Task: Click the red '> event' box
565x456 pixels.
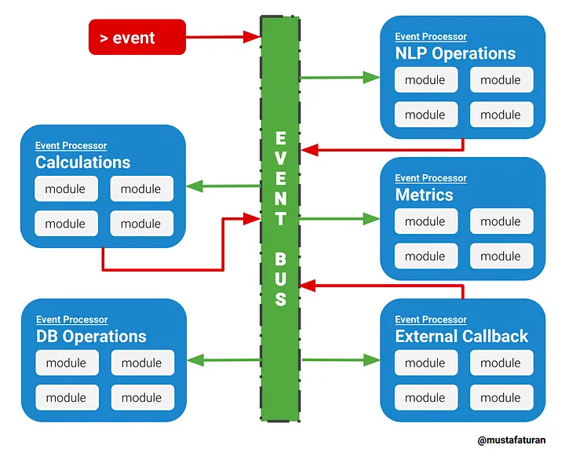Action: pyautogui.click(x=137, y=37)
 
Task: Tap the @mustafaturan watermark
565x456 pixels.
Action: pyautogui.click(x=512, y=440)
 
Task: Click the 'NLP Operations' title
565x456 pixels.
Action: pyautogui.click(x=455, y=53)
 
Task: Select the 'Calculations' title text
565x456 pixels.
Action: pyautogui.click(x=83, y=162)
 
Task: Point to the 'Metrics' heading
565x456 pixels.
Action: pyautogui.click(x=424, y=195)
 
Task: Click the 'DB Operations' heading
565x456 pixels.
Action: pyautogui.click(x=91, y=337)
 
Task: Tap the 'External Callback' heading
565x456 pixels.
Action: pyautogui.click(x=461, y=337)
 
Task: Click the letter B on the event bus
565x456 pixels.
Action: pyautogui.click(x=280, y=259)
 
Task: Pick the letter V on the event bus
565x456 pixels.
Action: pyautogui.click(x=281, y=158)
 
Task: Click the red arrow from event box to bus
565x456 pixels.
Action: pyautogui.click(x=223, y=37)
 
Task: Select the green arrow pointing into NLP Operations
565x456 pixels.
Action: pyautogui.click(x=340, y=77)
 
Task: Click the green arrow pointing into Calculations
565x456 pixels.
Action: pyautogui.click(x=223, y=186)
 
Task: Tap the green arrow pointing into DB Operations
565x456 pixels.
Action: pyautogui.click(x=224, y=359)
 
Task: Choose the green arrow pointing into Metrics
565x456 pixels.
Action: pyautogui.click(x=340, y=218)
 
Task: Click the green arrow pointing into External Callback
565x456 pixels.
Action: pyautogui.click(x=341, y=359)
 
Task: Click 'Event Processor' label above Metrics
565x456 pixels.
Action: pyautogui.click(x=431, y=178)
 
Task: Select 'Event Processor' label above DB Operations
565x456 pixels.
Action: pyautogui.click(x=71, y=319)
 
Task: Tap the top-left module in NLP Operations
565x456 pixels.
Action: pyautogui.click(x=426, y=80)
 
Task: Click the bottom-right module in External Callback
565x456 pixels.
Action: pyautogui.click(x=501, y=398)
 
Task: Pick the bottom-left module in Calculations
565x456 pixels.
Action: pyautogui.click(x=66, y=224)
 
